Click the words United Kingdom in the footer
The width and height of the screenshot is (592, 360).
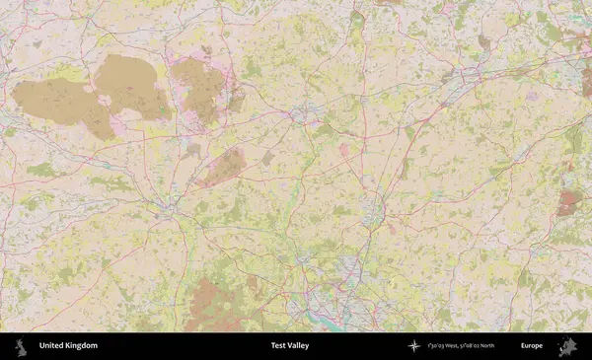pos(68,346)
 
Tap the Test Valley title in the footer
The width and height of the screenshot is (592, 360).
pos(291,346)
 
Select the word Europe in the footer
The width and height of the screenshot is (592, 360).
pos(532,346)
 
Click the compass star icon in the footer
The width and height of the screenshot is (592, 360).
pos(414,346)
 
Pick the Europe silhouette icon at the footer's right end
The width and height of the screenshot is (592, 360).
pos(567,346)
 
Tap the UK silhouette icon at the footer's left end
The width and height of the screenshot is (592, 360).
pos(20,346)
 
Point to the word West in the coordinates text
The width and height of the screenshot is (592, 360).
pos(449,346)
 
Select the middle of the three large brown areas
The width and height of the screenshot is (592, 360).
pos(131,87)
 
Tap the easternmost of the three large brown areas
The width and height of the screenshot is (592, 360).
pos(200,89)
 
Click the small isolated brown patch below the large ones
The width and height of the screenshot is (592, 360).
pos(225,167)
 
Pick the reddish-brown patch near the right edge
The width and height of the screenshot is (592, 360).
pos(569,203)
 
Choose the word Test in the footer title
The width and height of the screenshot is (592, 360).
pos(278,346)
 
